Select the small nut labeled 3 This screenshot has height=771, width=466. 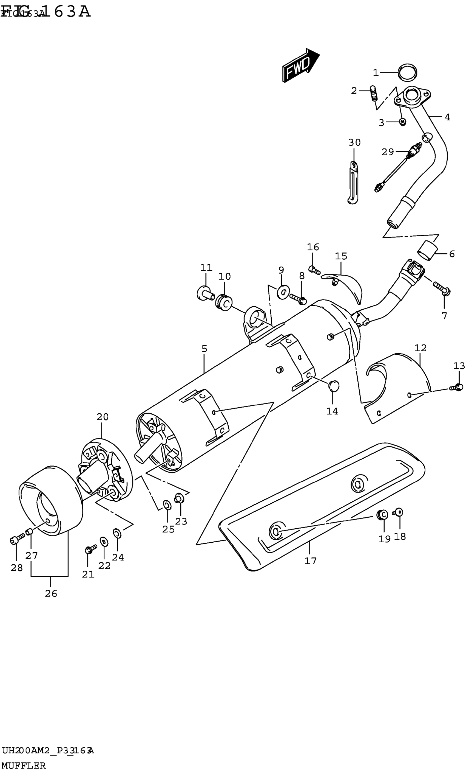click(403, 122)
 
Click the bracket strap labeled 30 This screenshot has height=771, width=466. click(353, 183)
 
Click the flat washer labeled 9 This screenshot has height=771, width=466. click(283, 292)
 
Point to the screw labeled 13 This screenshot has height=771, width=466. click(456, 387)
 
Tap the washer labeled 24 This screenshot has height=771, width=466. click(117, 532)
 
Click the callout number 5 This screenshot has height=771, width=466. click(204, 349)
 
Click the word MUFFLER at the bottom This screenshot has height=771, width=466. click(24, 765)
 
